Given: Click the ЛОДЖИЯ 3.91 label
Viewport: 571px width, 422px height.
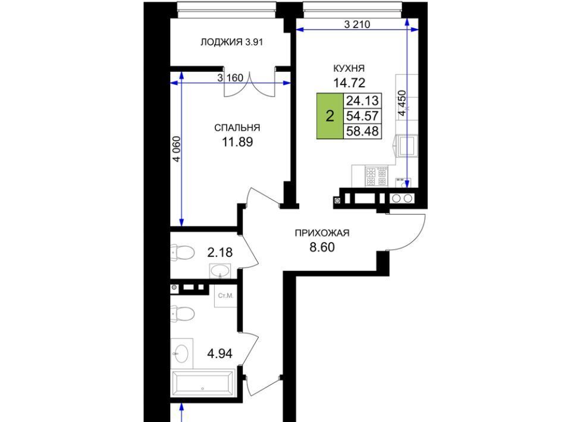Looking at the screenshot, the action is [x=231, y=42].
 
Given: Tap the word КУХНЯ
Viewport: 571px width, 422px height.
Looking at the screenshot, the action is [x=349, y=68].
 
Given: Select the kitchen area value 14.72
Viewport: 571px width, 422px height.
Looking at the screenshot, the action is [x=349, y=83].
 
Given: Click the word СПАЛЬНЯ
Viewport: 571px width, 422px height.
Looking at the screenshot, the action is [x=237, y=128].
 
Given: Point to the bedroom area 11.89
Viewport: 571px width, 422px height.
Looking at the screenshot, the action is [x=237, y=142].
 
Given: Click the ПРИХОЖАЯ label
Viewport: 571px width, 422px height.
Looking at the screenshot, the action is [x=322, y=233].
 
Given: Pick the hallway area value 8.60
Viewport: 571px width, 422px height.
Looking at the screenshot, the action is [x=322, y=247].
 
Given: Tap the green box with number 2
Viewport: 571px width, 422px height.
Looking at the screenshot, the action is [x=330, y=116].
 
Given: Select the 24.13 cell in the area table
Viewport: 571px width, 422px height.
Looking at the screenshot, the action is [x=362, y=100].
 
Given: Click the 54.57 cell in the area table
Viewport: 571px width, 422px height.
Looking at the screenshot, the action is [x=362, y=116].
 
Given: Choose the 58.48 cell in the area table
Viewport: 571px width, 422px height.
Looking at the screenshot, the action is [x=362, y=131].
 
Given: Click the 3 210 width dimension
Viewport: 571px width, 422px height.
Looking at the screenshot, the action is [x=357, y=24].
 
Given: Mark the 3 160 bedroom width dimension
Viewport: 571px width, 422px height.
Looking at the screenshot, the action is [x=230, y=78].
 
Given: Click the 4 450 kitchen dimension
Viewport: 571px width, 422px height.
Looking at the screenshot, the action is [x=401, y=103].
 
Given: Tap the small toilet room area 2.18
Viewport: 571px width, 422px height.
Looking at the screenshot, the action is [x=219, y=252].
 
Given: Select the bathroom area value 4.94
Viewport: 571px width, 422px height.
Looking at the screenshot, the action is [x=219, y=353].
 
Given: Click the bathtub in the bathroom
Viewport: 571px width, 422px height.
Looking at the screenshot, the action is [x=203, y=383].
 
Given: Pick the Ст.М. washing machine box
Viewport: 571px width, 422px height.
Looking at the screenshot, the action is [x=226, y=296].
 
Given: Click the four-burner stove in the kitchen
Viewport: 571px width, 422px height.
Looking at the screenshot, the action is [x=376, y=176].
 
